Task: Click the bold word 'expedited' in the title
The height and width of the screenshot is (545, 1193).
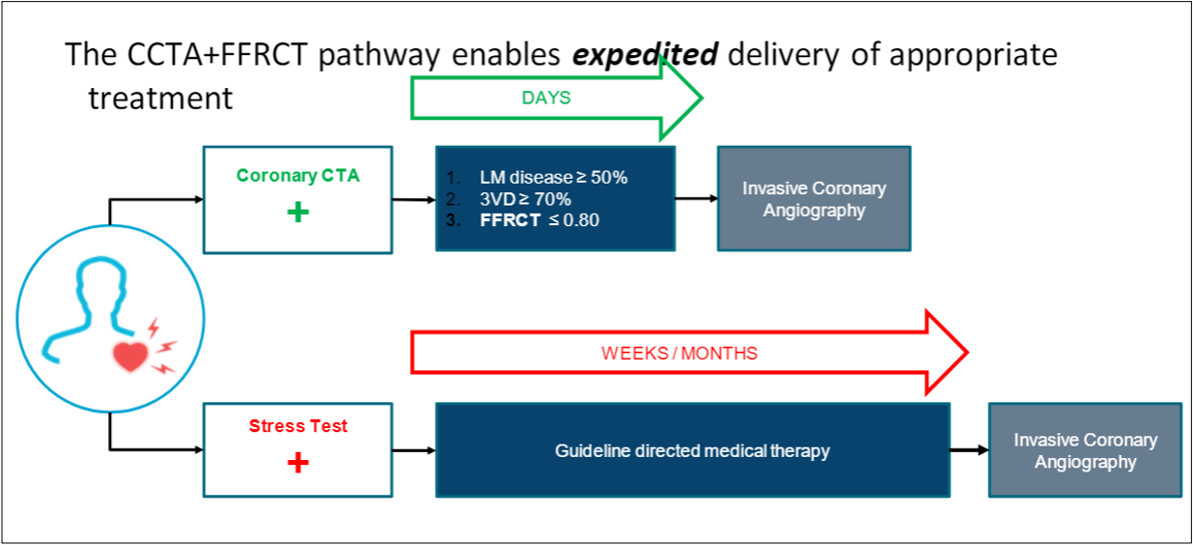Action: (645, 55)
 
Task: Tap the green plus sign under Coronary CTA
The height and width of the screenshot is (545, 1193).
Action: (298, 212)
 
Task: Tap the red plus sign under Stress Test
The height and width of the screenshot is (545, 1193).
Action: (298, 464)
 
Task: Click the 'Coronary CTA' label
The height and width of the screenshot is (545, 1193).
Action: (298, 176)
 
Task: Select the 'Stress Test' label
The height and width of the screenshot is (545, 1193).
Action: (298, 426)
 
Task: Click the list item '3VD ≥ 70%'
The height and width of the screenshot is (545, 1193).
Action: (525, 199)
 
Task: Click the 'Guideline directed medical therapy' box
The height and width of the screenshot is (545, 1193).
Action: (692, 450)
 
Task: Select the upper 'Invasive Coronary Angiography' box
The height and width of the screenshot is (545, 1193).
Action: (814, 199)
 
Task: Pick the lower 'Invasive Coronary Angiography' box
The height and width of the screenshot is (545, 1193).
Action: (1085, 450)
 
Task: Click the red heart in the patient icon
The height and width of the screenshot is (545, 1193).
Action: (130, 357)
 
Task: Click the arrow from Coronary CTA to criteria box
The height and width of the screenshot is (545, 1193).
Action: (414, 201)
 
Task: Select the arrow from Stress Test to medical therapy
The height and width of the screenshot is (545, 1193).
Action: (414, 450)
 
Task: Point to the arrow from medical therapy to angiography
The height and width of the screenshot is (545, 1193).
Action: (968, 450)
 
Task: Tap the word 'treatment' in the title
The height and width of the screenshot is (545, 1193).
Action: (160, 98)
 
